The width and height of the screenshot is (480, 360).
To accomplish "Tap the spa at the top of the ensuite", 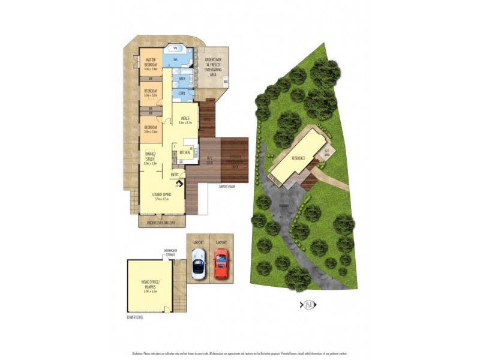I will click(175, 48).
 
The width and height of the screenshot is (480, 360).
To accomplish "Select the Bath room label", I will click(182, 79).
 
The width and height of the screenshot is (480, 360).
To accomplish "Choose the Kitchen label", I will click(185, 153).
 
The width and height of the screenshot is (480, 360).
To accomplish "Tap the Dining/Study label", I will click(149, 158).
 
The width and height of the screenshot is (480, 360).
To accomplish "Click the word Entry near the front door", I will click(175, 175).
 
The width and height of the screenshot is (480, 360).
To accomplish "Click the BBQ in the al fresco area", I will click(225, 81).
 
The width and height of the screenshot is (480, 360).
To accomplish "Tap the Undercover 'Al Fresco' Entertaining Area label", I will click(214, 64).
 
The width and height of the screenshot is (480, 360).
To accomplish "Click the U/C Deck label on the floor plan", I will click(210, 160).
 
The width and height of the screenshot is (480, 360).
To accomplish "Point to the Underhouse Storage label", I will click(171, 253).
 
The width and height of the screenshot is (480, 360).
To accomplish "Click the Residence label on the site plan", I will click(298, 158).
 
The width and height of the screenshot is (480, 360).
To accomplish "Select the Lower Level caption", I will click(135, 317).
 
